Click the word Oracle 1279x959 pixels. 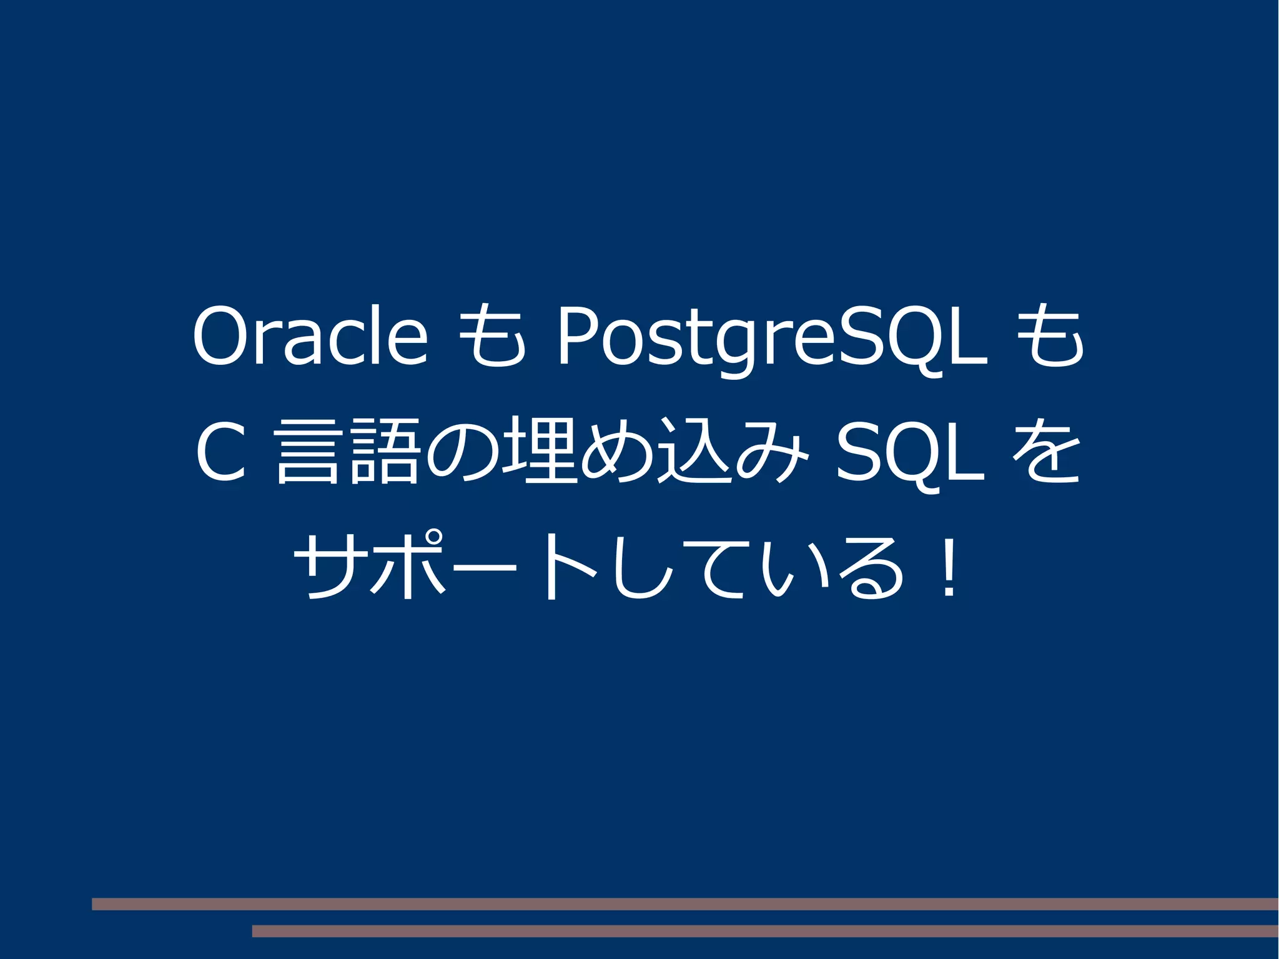tap(310, 336)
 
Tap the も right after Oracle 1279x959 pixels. tap(492, 336)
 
